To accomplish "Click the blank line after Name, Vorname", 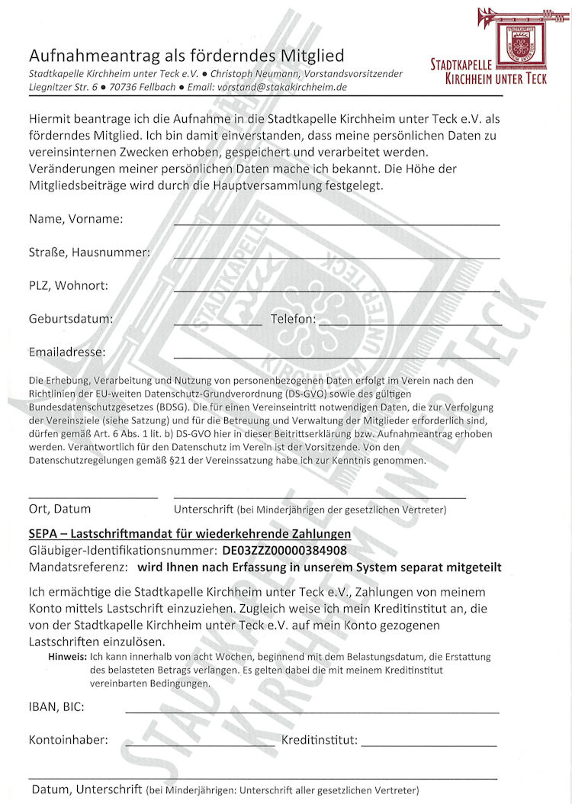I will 336,224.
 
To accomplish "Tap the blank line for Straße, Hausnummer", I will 336,258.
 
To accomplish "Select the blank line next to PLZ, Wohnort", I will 336,291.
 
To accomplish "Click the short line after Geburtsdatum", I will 217,325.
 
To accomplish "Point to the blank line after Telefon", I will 410,325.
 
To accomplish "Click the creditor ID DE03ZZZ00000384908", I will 284,550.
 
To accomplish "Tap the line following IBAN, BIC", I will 312,712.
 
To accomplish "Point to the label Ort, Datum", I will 59,509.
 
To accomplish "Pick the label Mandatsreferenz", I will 77,567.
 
